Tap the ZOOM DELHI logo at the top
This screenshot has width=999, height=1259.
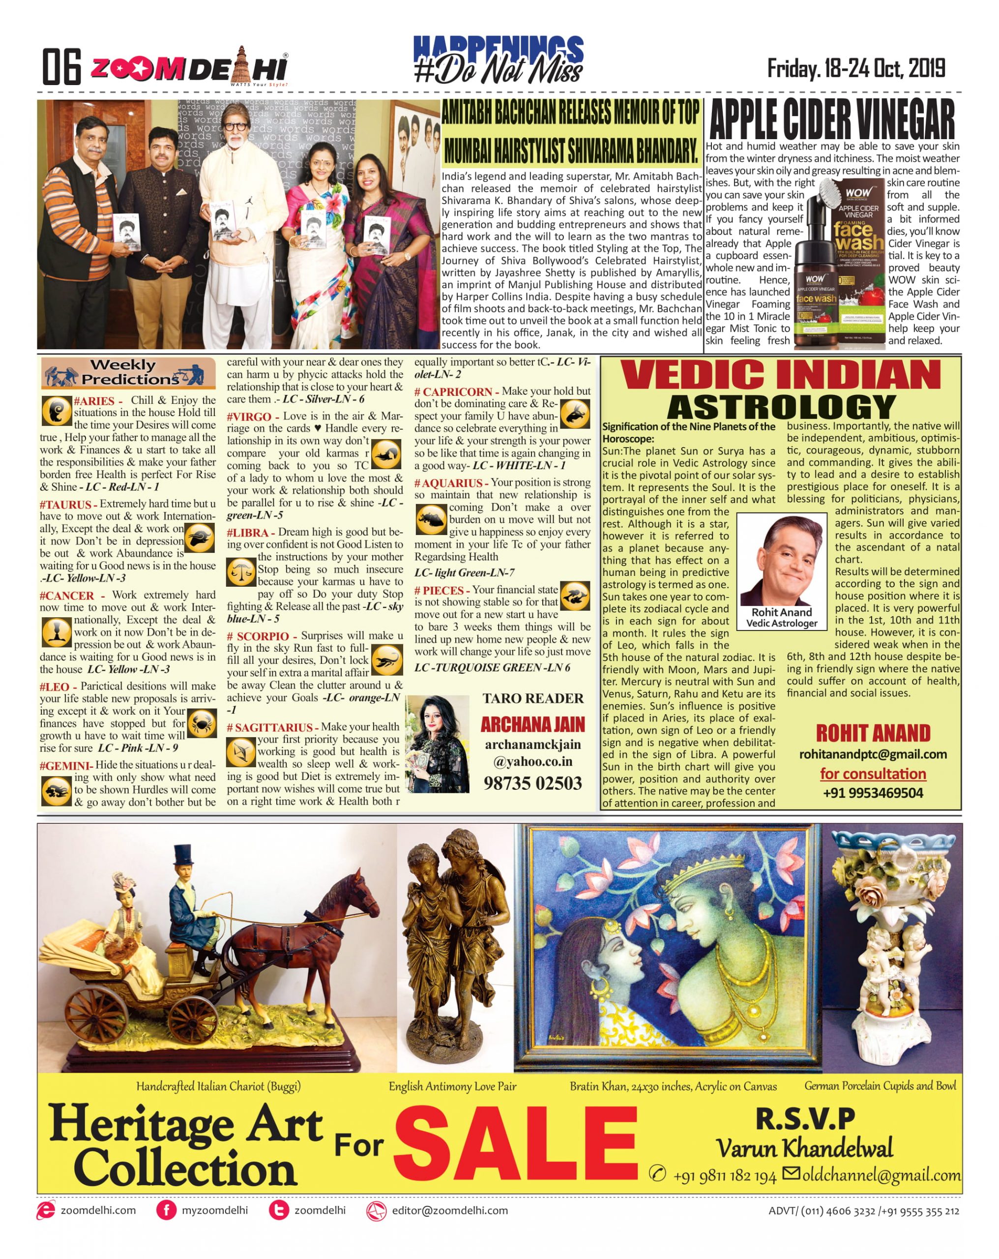pos(188,68)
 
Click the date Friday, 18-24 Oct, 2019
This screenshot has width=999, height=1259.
pos(855,69)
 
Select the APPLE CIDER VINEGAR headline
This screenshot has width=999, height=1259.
pos(831,120)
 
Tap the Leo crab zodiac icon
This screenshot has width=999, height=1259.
pos(203,723)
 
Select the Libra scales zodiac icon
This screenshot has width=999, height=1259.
pos(240,571)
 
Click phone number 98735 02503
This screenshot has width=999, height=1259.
pos(532,782)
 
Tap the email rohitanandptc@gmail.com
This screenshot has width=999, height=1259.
pos(872,754)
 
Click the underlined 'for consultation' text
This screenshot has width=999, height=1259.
pos(872,774)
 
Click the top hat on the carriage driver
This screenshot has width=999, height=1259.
pos(183,857)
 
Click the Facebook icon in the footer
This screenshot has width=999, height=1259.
pos(166,1210)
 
